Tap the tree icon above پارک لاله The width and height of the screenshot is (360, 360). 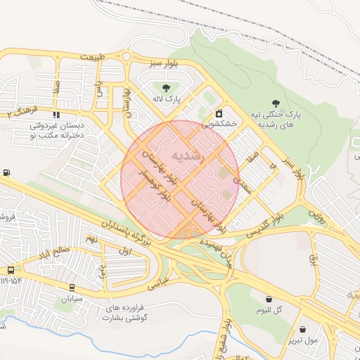(x=166, y=88)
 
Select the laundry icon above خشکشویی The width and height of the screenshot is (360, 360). (x=219, y=112)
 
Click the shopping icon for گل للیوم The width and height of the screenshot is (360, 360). (x=269, y=299)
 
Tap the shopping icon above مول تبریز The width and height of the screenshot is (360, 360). (x=302, y=329)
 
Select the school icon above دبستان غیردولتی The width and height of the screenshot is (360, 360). (x=56, y=114)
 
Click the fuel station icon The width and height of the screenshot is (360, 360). (x=7, y=172)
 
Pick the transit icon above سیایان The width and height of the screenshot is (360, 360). (x=72, y=287)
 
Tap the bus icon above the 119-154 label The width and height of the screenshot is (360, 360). (x=11, y=270)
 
